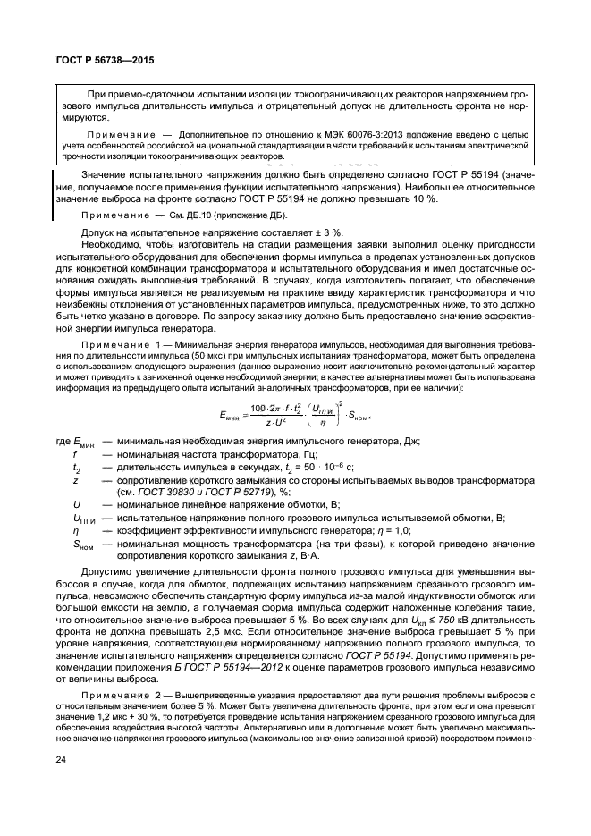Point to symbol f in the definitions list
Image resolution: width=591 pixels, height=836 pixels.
(x=75, y=467)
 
